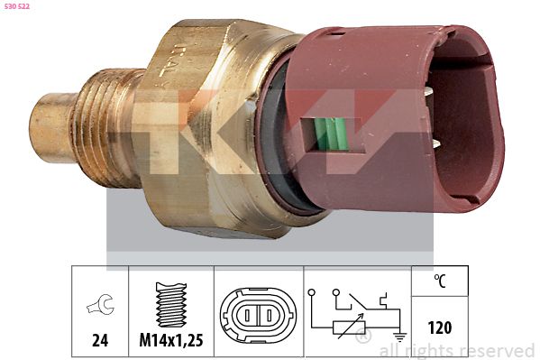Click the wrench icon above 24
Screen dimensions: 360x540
tap(101, 307)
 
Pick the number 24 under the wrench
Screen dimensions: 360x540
tap(100, 341)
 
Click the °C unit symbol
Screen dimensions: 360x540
tap(438, 282)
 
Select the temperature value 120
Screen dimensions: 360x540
tap(438, 328)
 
